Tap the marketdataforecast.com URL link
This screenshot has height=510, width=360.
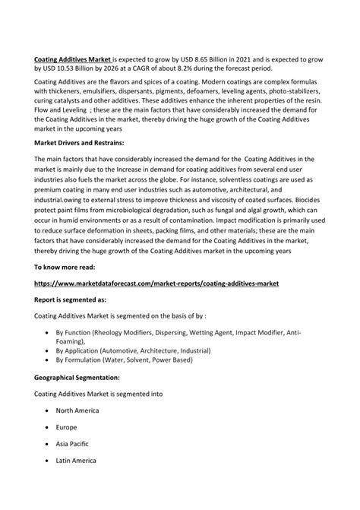[x=156, y=283]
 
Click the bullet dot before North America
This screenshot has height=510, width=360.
[x=49, y=410]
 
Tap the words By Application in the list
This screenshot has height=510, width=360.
[x=81, y=351]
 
